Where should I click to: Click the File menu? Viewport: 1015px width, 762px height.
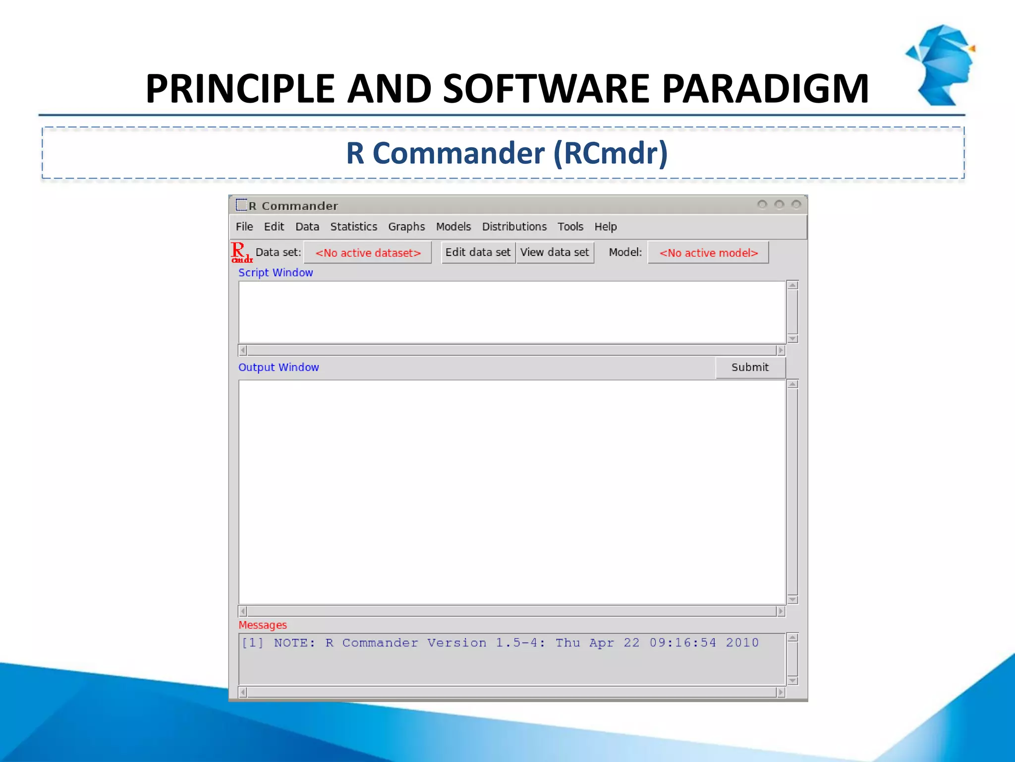coord(244,227)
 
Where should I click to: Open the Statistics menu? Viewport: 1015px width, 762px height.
coord(353,227)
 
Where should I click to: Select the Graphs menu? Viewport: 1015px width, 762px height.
coord(406,227)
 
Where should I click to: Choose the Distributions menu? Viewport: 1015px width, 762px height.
coord(514,227)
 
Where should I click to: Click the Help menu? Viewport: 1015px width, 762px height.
coord(605,227)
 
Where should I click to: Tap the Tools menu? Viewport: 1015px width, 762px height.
coord(570,227)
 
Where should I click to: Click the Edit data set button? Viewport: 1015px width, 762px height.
coord(478,253)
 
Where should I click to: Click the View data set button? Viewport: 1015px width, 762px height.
coord(555,253)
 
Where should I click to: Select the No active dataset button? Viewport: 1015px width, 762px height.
coord(368,253)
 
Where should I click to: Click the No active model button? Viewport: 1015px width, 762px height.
coord(708,253)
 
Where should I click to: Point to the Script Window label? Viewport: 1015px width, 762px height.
coord(276,273)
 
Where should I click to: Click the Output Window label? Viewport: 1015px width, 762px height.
coord(279,368)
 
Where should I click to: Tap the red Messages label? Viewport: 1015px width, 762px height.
coord(263,625)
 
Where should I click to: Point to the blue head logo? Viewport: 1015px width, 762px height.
coord(941,64)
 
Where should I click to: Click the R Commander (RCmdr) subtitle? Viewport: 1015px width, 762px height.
coord(507,153)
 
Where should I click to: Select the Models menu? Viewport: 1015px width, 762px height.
coord(453,227)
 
